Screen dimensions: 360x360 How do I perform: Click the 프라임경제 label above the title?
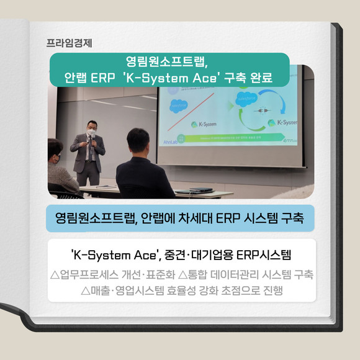coord(69,43)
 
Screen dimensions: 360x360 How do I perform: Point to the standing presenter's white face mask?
coord(91,132)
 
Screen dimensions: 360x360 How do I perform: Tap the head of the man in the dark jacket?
coord(138,141)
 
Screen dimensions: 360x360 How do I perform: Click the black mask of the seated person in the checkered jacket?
coord(56,159)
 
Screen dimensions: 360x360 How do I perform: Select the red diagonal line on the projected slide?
coord(191,112)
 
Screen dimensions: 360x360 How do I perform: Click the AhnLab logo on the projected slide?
coord(170,142)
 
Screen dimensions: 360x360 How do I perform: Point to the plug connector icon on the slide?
coord(262,110)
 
